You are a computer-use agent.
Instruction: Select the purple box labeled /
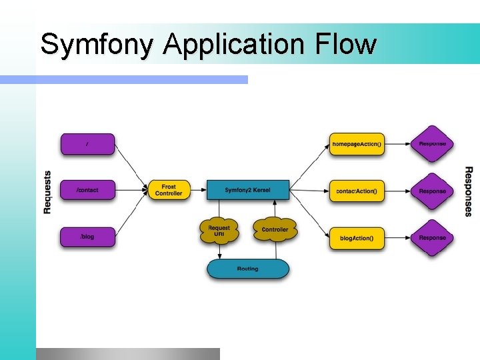pos(87,144)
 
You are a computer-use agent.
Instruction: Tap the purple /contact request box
pos(87,190)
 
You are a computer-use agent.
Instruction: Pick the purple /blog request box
pos(87,237)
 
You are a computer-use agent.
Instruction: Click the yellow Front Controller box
pos(169,190)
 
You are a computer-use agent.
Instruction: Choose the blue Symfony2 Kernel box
pos(248,190)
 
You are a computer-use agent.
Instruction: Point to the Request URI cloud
pos(219,230)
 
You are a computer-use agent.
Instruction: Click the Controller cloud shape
pos(275,229)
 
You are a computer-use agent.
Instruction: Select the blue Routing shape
pos(248,269)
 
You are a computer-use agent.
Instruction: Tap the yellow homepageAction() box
pos(357,144)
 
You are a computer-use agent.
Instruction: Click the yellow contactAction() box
pos(357,191)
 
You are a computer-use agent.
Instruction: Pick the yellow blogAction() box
pos(357,238)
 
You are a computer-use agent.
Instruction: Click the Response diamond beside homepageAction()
pos(432,144)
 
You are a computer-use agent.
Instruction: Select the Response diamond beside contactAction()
pos(432,191)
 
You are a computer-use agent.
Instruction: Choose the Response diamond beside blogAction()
pos(432,238)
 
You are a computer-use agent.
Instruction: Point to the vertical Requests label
pos(47,192)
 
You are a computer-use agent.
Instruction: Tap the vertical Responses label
pos(469,191)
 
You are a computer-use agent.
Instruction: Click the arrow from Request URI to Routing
pos(219,251)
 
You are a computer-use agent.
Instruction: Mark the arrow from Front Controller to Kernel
pos(198,190)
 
